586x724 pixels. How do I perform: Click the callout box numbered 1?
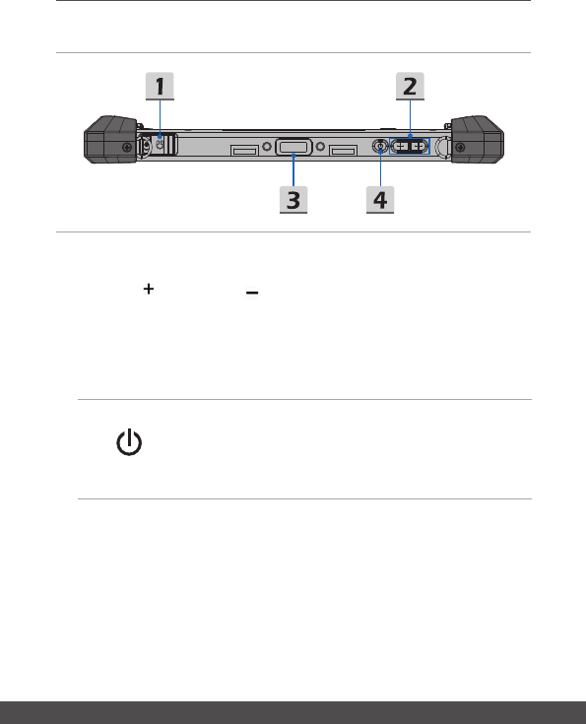(x=160, y=86)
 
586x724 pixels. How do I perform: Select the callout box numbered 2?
(x=410, y=86)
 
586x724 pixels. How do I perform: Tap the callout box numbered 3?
(x=293, y=199)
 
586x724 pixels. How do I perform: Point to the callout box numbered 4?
(x=380, y=199)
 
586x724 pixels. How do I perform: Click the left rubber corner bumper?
(x=110, y=140)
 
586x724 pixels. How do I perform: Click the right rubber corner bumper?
(x=477, y=140)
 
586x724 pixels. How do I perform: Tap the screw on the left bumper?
(x=126, y=148)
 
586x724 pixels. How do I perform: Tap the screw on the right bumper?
(x=460, y=148)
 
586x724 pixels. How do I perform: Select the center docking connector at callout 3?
(x=293, y=148)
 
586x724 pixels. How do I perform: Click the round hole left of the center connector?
(x=267, y=147)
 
